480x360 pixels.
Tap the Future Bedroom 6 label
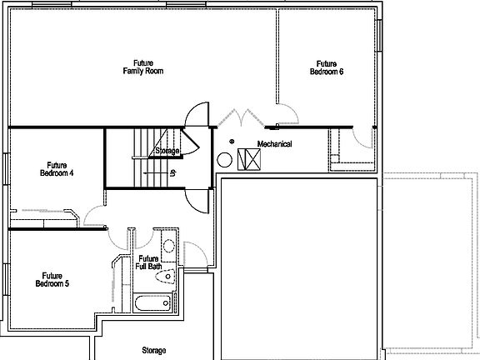pyautogui.click(x=327, y=67)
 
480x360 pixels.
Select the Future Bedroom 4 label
pyautogui.click(x=57, y=169)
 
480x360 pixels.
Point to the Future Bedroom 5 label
pyautogui.click(x=52, y=279)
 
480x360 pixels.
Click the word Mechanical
pyautogui.click(x=274, y=144)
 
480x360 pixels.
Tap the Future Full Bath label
pyautogui.click(x=149, y=262)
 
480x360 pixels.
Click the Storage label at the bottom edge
pyautogui.click(x=153, y=351)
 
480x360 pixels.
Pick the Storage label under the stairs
pyautogui.click(x=167, y=151)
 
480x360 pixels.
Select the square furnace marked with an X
pyautogui.click(x=249, y=158)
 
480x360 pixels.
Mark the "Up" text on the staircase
pyautogui.click(x=172, y=173)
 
